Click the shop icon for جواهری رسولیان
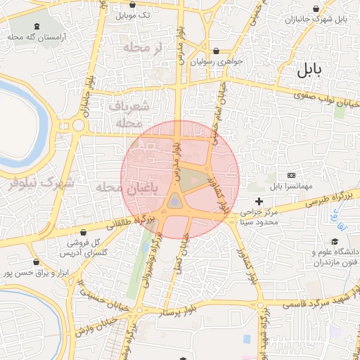tap(216, 51)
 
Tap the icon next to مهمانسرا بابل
tap(292, 175)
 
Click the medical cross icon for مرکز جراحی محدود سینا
tap(259, 201)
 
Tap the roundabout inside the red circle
tap(174, 203)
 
